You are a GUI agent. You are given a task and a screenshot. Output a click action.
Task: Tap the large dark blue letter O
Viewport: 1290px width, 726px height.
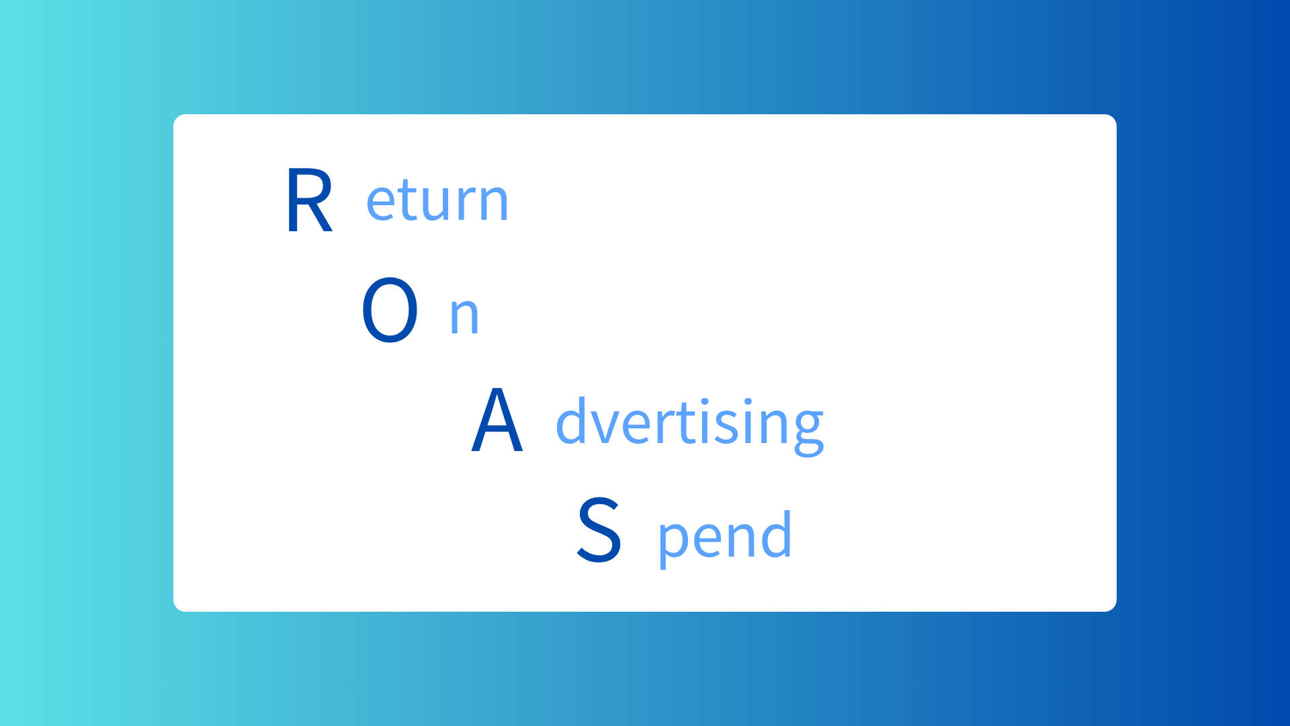390,310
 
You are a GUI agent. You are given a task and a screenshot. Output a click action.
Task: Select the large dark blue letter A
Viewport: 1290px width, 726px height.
497,419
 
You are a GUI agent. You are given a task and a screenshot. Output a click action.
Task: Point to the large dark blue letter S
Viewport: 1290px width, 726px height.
599,529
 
